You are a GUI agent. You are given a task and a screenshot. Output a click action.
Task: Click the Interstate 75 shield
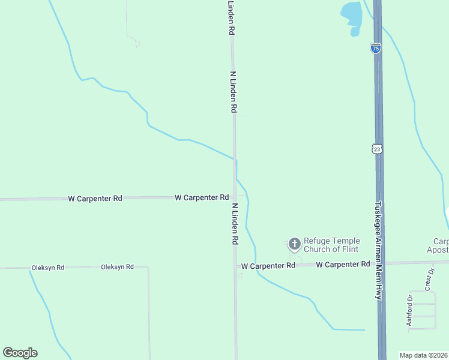point(375,49)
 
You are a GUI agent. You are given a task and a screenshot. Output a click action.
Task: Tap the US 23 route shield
point(376,149)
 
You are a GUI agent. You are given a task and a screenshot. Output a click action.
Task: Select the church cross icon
point(294,244)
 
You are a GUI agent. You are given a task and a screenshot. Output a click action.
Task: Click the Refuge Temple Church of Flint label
point(331,245)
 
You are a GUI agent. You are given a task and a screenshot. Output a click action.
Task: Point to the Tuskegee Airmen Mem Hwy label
point(379,250)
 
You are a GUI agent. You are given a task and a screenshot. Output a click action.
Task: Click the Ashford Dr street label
point(410,310)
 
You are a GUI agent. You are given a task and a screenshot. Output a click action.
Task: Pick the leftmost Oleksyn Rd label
point(47,268)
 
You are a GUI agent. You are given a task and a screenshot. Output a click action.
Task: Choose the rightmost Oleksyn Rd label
point(117,267)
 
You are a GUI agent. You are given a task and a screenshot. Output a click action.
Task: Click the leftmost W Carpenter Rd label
point(95,198)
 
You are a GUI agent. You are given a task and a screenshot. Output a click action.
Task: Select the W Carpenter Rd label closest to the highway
point(343,264)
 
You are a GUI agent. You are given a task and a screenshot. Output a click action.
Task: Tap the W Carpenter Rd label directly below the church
point(268,265)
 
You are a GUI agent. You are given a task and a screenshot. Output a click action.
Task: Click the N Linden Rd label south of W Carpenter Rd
point(235,223)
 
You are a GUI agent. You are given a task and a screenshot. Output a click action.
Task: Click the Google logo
point(20,353)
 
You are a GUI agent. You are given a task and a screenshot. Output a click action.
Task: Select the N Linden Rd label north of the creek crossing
point(234,92)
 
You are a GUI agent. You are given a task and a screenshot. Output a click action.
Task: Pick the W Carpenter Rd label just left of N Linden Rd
point(202,197)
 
